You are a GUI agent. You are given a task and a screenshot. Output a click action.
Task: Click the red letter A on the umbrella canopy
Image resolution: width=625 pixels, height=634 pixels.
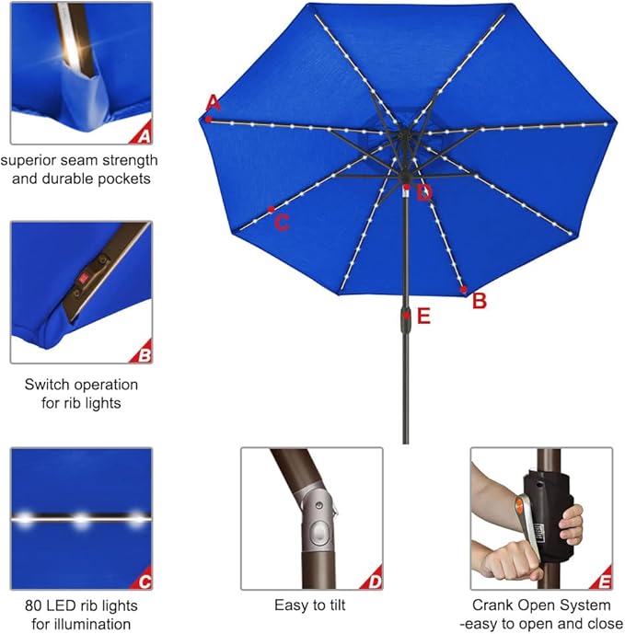(x=214, y=101)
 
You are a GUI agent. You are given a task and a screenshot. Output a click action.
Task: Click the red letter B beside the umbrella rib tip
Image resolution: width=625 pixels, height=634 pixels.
(x=479, y=300)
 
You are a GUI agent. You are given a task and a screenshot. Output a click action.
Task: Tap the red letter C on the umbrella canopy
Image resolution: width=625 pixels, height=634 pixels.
(x=283, y=222)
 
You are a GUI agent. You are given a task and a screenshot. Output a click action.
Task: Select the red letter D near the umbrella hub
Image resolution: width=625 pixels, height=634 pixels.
(x=423, y=192)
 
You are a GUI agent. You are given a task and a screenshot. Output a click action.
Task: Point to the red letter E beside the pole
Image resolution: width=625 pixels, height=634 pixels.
(x=423, y=317)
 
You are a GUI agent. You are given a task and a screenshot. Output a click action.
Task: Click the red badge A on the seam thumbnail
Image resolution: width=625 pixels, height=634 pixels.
(x=143, y=135)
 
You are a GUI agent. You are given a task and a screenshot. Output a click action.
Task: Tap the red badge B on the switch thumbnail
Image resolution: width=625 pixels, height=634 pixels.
(x=143, y=353)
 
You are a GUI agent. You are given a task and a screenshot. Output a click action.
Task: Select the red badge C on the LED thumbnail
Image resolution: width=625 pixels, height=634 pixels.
(x=143, y=580)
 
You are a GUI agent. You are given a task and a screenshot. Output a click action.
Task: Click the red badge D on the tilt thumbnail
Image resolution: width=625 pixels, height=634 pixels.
(x=373, y=580)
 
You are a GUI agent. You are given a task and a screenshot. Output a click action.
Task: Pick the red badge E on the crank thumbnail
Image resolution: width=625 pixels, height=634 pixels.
(x=603, y=580)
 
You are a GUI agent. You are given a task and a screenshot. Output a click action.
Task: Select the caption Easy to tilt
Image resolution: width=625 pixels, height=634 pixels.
(x=311, y=605)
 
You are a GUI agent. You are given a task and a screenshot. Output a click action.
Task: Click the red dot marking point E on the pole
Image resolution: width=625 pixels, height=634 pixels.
(x=406, y=315)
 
